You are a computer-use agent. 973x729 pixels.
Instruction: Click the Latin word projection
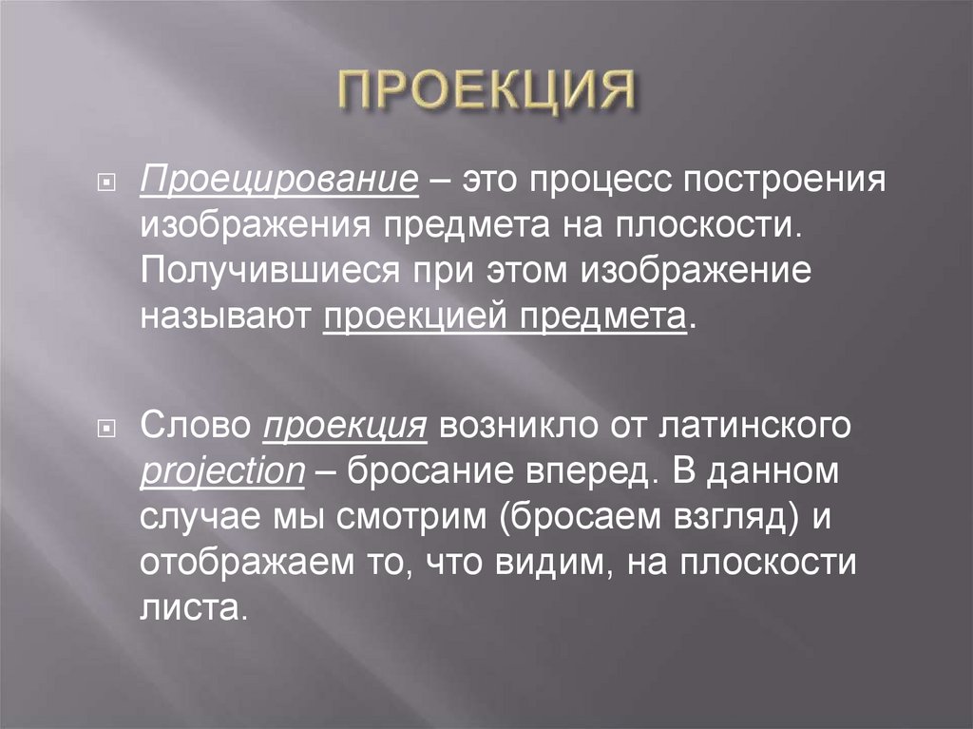pos(221,472)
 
